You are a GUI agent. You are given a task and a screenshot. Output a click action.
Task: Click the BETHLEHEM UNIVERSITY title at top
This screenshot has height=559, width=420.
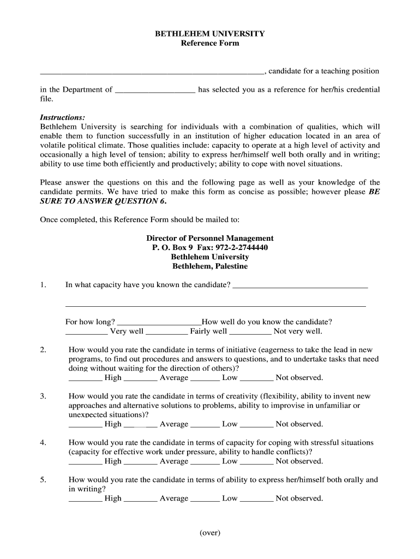coord(210,33)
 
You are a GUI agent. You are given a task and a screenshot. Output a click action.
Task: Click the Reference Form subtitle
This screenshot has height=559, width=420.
coord(210,43)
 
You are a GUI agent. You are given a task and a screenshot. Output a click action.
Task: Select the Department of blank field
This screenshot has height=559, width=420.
coord(155,90)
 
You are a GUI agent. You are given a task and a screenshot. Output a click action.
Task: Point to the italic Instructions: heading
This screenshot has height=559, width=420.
coord(63,117)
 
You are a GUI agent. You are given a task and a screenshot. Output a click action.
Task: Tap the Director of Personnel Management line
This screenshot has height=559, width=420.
coord(210,238)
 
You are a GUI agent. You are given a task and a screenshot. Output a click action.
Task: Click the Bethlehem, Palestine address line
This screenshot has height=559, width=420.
coord(210,266)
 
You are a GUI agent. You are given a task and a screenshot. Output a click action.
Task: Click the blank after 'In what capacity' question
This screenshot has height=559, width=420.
coord(300,286)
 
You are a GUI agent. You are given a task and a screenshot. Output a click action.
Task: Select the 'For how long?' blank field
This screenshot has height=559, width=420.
coord(159,322)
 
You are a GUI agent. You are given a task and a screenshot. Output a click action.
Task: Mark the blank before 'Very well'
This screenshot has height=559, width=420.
coord(86,331)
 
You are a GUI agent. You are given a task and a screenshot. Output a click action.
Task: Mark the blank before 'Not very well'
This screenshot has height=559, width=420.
coord(250,331)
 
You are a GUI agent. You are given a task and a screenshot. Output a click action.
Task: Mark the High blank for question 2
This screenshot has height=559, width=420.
coord(85,378)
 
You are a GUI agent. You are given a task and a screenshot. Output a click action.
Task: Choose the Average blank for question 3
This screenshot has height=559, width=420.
coord(141,424)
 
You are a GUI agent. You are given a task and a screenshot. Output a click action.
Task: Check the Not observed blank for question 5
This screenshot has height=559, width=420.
coord(256,498)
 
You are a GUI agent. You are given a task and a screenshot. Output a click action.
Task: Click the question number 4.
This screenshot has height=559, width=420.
coord(43,443)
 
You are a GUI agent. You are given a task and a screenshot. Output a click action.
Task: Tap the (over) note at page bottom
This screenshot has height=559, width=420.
coord(210,533)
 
